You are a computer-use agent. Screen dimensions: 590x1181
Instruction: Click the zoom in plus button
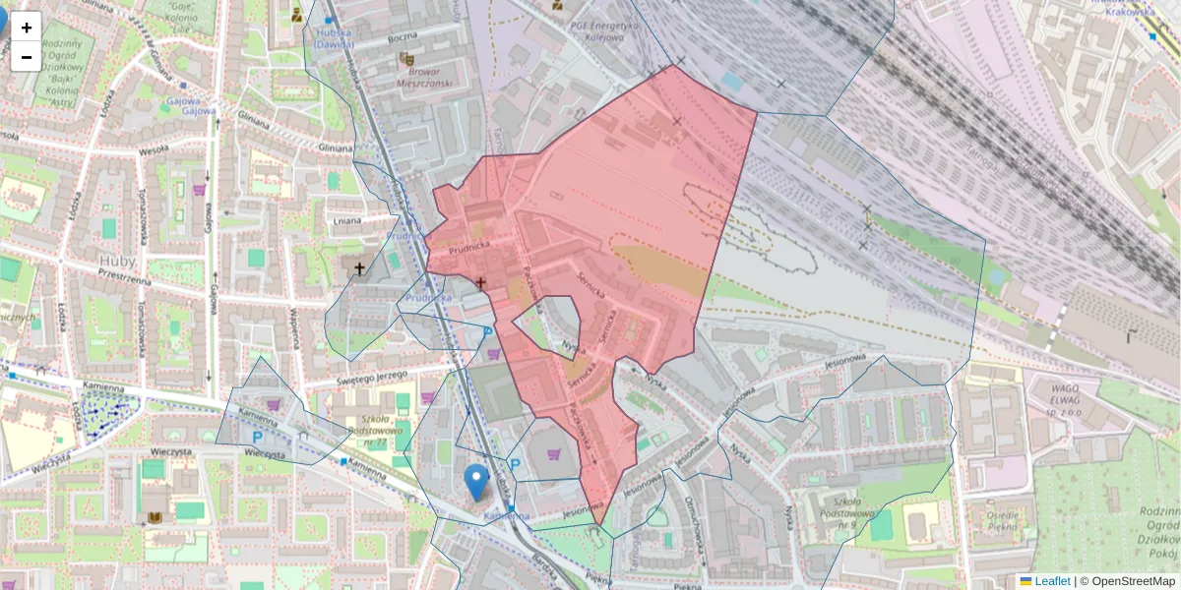coord(27,28)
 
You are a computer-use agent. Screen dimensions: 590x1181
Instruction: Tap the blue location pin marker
coord(476,482)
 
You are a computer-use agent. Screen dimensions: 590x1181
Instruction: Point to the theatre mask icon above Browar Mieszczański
coord(405,59)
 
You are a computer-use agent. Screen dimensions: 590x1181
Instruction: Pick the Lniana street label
coord(347,221)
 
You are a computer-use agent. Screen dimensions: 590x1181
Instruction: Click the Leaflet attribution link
coord(1051,581)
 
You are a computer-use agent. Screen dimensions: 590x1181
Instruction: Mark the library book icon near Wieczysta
coord(155,517)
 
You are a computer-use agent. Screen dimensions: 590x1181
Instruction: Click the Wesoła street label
coord(154,151)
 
